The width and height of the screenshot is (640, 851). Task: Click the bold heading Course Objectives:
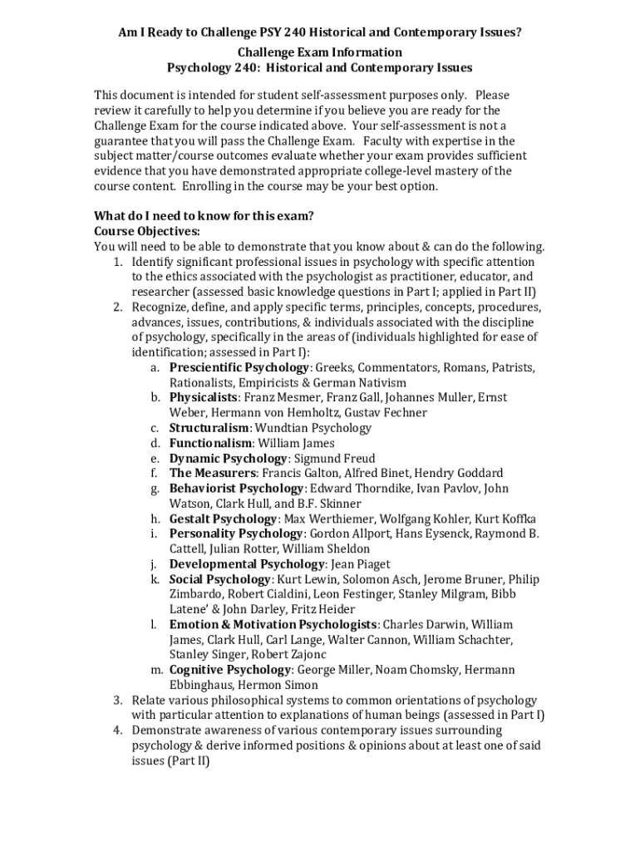pos(146,231)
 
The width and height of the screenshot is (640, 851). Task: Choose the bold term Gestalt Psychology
pos(217,519)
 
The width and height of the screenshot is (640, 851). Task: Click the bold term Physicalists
pos(204,397)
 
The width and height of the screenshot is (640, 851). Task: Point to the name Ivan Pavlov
pos(446,489)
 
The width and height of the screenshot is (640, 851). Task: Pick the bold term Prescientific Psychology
pos(239,367)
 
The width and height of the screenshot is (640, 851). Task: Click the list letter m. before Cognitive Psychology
pos(156,670)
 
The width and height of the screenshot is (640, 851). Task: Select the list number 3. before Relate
pos(119,700)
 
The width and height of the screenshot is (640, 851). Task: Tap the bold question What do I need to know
pos(204,216)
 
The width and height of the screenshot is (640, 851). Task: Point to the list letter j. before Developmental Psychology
pos(155,564)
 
